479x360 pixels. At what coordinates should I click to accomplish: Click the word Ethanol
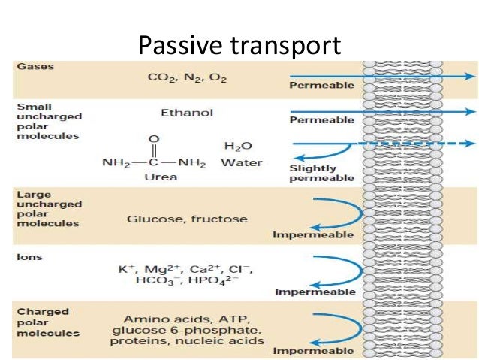pos(187,113)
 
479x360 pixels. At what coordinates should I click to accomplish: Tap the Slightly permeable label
pos(321,173)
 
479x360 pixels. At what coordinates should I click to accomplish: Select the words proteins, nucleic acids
pos(187,341)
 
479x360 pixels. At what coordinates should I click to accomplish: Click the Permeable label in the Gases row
pos(321,86)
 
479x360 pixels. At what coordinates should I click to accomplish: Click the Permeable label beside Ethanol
pos(321,120)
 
